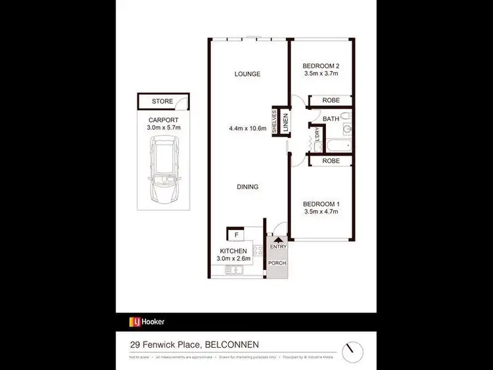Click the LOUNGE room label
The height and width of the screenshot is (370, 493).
click(x=248, y=74)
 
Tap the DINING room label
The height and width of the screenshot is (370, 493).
click(x=248, y=187)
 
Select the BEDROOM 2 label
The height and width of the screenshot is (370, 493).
click(x=320, y=66)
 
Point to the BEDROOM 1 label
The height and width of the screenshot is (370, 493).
click(x=320, y=203)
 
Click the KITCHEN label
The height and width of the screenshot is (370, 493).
click(x=233, y=251)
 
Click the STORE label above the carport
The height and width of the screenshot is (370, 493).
click(x=162, y=102)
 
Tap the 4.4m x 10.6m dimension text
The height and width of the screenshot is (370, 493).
click(x=247, y=129)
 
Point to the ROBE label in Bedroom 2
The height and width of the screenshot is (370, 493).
click(x=330, y=101)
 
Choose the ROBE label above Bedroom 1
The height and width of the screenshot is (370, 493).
click(x=330, y=161)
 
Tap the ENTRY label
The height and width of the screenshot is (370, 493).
click(x=277, y=246)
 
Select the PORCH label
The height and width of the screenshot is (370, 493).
click(x=277, y=264)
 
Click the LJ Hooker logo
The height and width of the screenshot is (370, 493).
click(x=147, y=322)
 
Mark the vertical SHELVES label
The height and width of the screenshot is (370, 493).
click(x=275, y=122)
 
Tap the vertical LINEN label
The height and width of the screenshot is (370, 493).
click(x=285, y=122)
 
